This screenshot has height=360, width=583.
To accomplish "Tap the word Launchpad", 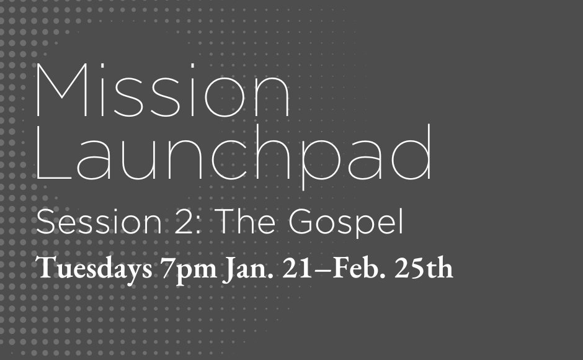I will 234,157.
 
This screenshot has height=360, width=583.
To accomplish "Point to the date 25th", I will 428,269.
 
